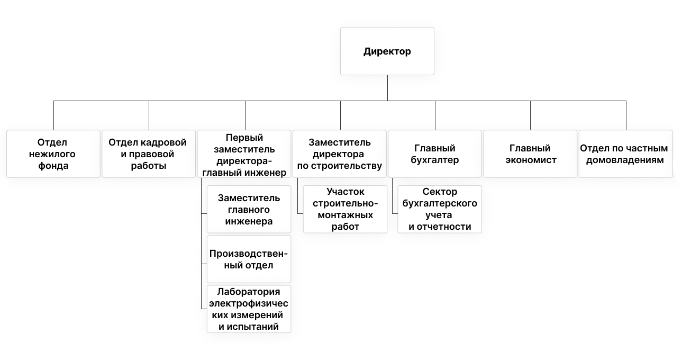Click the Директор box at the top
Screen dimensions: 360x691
[387, 51]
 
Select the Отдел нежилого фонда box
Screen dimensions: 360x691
[53, 154]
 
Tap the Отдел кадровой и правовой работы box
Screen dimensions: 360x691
[148, 154]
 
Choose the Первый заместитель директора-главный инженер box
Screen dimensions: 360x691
[244, 154]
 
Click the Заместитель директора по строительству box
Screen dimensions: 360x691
[339, 154]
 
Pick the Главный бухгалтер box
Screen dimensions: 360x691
[434, 154]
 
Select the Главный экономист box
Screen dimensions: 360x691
[530, 154]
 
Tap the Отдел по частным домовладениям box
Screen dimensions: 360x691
[625, 154]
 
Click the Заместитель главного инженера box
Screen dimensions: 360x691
[249, 210]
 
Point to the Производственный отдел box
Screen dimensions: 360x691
[249, 259]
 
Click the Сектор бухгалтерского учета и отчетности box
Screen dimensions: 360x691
[440, 209]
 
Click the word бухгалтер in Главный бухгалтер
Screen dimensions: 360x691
[434, 160]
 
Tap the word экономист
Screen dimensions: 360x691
[530, 160]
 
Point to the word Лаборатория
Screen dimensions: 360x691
[249, 292]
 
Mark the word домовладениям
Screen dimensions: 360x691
[625, 160]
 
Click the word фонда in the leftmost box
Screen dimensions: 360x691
[53, 166]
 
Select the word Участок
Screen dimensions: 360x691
[345, 192]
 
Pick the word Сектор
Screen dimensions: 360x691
[440, 192]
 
